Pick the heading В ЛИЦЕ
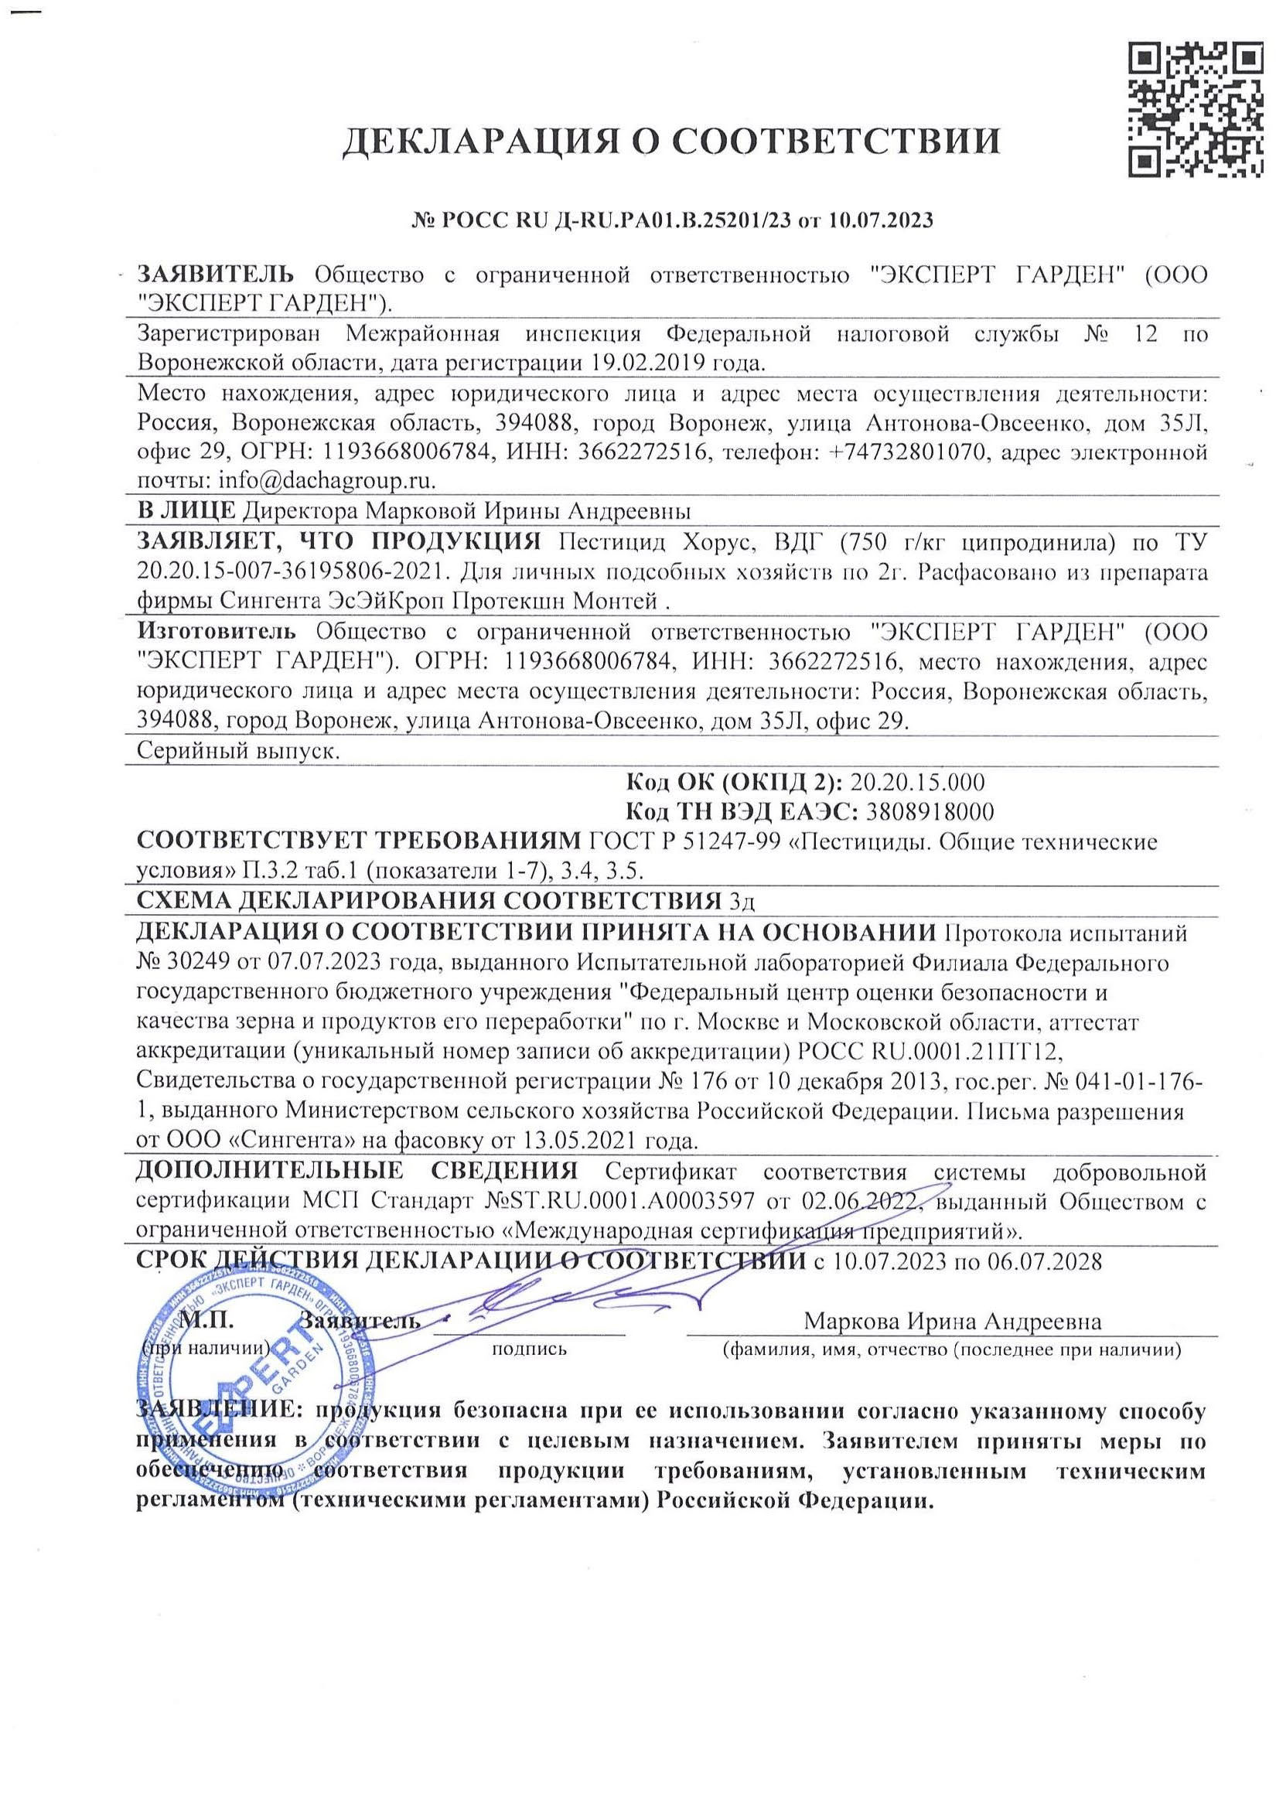click(x=186, y=512)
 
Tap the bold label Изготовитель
click(x=217, y=631)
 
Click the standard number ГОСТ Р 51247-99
click(x=684, y=842)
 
